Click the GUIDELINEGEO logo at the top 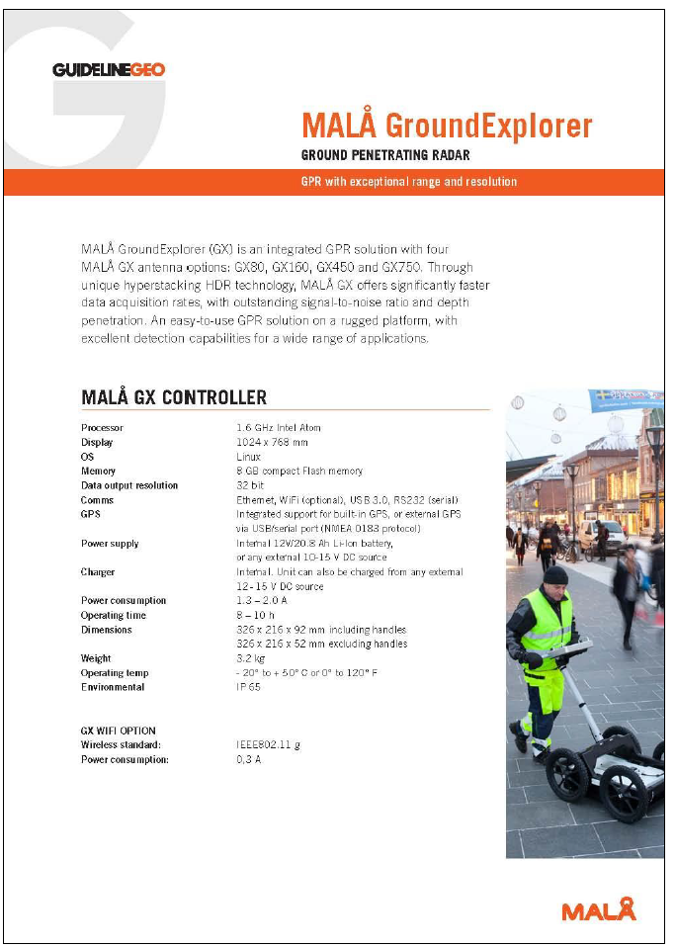click(109, 69)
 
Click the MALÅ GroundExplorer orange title click(447, 127)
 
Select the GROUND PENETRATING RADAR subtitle click(384, 155)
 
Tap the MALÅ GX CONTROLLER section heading click(174, 397)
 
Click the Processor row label click(102, 428)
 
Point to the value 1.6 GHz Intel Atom click(279, 428)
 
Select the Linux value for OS click(248, 457)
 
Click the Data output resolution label click(129, 485)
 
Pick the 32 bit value click(250, 485)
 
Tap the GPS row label click(91, 514)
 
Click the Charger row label click(98, 572)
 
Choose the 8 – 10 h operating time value click(257, 615)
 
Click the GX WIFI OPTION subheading click(119, 731)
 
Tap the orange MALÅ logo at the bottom click(598, 909)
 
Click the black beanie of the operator click(555, 575)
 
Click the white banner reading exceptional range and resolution click(408, 182)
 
